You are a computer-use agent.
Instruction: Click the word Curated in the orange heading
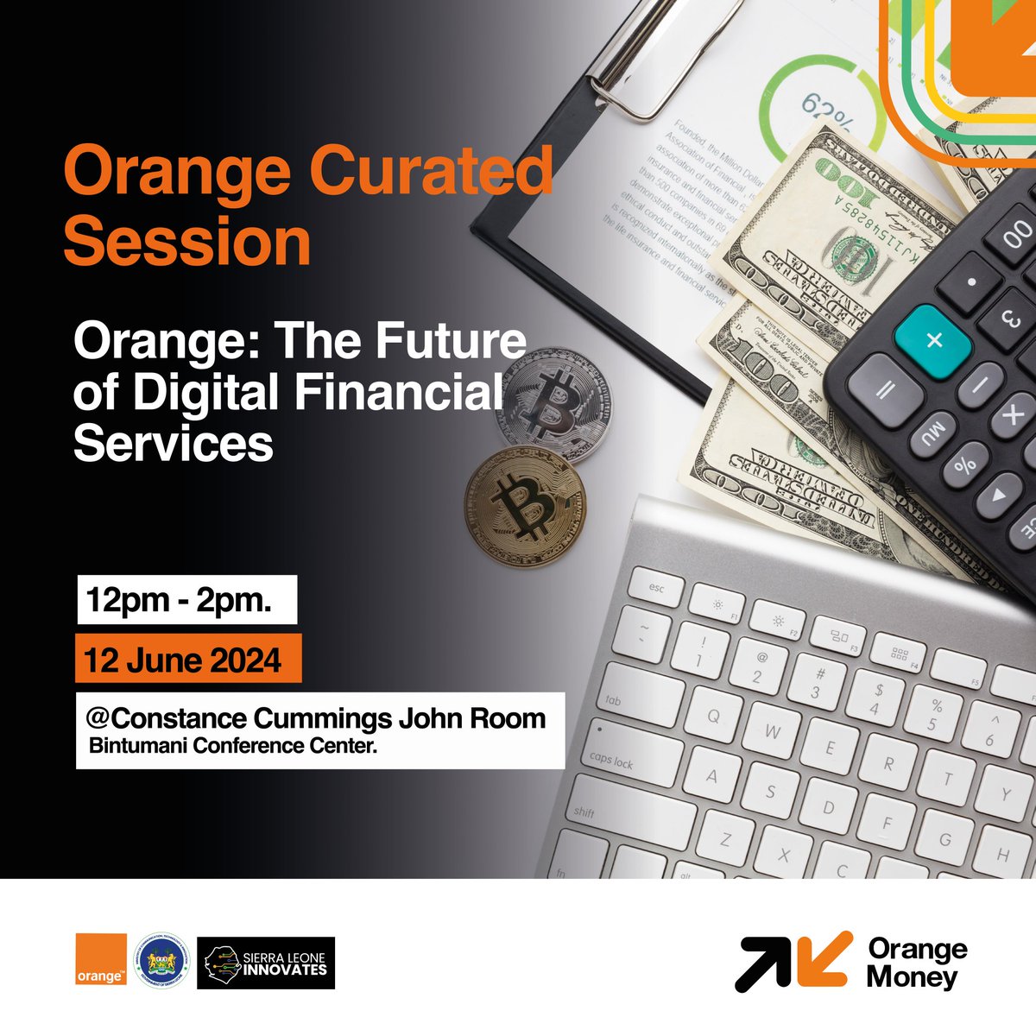tap(431, 171)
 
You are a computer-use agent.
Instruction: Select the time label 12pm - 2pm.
tap(179, 600)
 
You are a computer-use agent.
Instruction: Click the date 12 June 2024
tap(183, 660)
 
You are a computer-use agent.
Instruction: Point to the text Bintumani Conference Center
tap(233, 746)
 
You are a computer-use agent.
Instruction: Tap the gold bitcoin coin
tap(524, 506)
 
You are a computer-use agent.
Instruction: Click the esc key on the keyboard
tap(658, 590)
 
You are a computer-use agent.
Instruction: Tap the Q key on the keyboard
tap(714, 715)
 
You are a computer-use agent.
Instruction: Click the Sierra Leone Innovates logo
tap(266, 963)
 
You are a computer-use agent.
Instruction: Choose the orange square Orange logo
tap(100, 959)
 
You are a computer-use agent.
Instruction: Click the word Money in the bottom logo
tap(913, 978)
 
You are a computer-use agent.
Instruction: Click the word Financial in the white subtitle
tap(400, 393)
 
